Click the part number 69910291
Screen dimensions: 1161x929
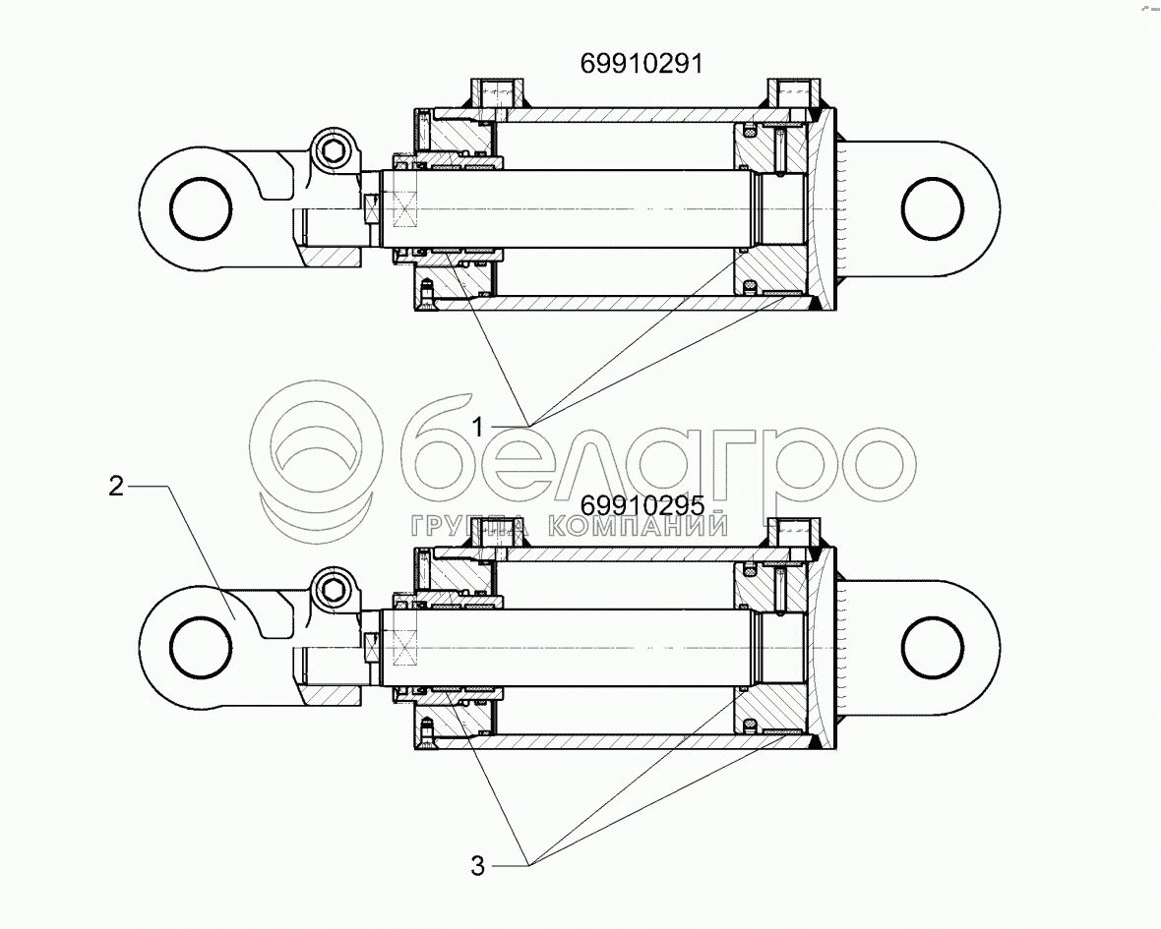641,64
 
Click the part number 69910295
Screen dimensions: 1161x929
642,505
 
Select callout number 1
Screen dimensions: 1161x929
478,426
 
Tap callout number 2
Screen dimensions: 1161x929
116,486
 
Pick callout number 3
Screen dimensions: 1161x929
477,865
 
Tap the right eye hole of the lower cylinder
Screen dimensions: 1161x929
933,648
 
